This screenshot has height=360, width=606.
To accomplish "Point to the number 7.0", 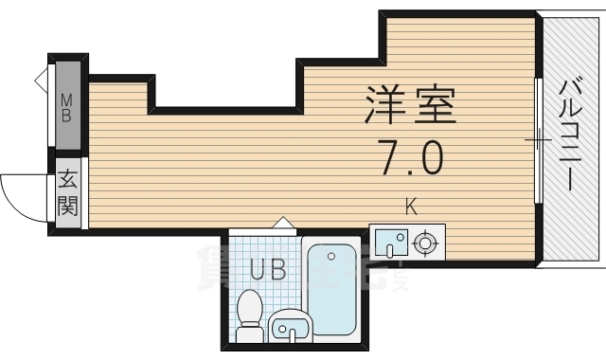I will pyautogui.click(x=409, y=156).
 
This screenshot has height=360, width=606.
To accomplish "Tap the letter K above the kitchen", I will pyautogui.click(x=410, y=205).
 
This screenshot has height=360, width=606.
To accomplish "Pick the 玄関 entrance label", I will pyautogui.click(x=67, y=192).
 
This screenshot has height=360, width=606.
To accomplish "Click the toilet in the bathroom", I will pyautogui.click(x=251, y=313).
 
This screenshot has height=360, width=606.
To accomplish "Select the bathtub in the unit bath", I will pyautogui.click(x=329, y=290).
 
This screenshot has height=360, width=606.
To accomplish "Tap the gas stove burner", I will pyautogui.click(x=426, y=243).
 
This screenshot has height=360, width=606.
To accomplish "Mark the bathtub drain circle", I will pyautogui.click(x=331, y=255).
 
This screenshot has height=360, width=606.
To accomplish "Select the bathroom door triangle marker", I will pyautogui.click(x=281, y=223).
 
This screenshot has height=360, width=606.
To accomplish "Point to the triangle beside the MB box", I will pyautogui.click(x=43, y=80).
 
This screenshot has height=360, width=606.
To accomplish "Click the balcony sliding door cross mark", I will pyautogui.click(x=538, y=142).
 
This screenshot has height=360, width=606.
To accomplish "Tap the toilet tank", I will pyautogui.click(x=250, y=334).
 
